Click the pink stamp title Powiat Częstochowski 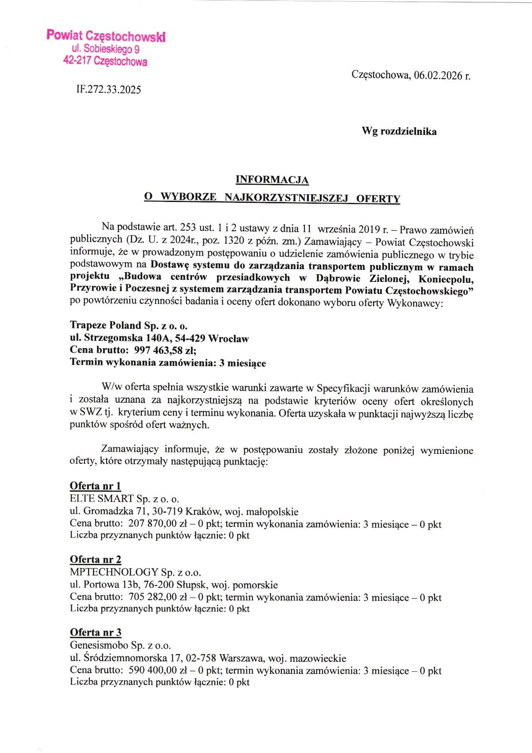pos(106,36)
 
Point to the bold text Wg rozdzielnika pos(399,132)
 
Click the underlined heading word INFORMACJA pos(272,180)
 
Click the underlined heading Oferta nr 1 pos(95,486)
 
